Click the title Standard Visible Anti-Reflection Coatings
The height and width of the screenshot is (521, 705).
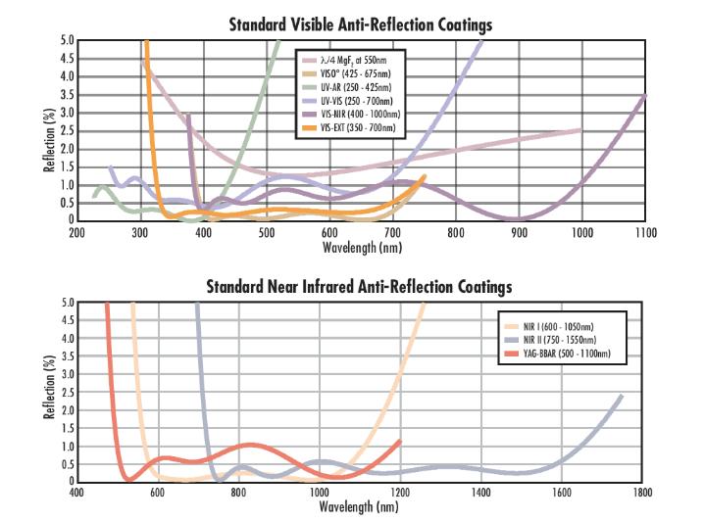[361, 24]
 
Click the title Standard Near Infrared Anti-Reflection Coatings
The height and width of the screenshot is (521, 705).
[359, 287]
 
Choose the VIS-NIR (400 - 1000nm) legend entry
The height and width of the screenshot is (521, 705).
[350, 115]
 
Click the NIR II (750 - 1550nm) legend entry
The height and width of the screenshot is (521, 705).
[554, 336]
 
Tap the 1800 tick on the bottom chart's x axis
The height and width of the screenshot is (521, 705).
[642, 494]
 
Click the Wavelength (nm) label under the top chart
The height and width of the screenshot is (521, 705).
[361, 247]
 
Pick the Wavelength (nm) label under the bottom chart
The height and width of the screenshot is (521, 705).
[359, 507]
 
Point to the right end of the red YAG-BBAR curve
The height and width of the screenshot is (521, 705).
[400, 441]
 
